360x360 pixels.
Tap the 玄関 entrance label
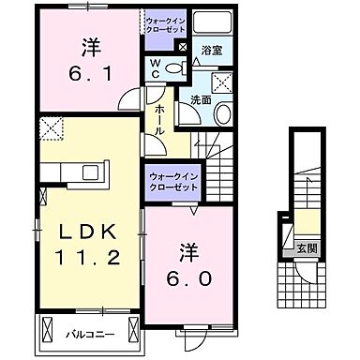click(x=307, y=249)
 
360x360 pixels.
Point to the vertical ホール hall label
click(x=159, y=120)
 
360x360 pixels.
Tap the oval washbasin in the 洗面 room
click(x=223, y=113)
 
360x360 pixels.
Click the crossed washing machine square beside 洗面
click(x=222, y=83)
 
